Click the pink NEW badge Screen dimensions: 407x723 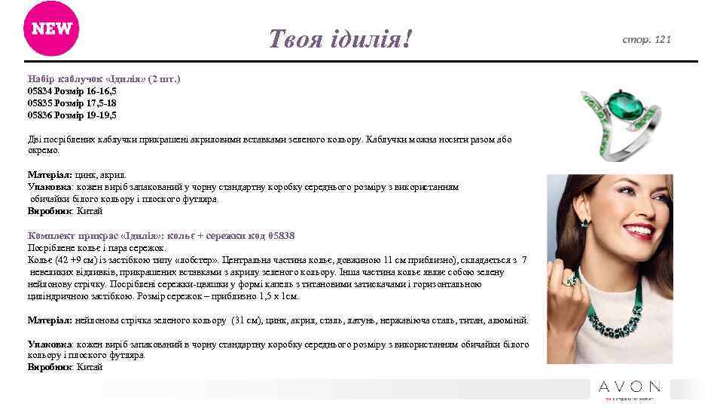(x=51, y=29)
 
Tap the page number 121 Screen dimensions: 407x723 (x=662, y=38)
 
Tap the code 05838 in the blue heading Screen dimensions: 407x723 (x=282, y=235)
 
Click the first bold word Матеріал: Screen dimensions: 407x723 (x=50, y=174)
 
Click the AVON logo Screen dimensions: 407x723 (x=630, y=387)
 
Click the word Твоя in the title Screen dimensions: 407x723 (x=295, y=38)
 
